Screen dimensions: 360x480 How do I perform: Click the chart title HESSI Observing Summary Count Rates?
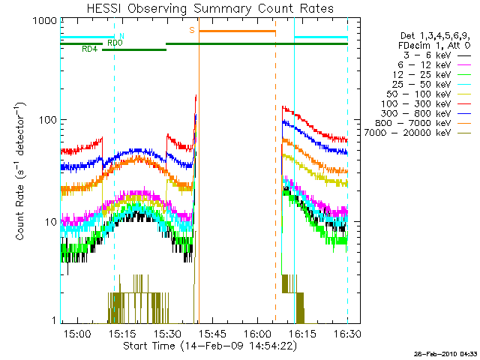point(204,9)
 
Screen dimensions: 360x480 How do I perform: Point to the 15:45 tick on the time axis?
point(211,333)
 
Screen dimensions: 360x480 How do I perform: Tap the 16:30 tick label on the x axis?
point(346,333)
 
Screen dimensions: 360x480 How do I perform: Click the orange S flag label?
point(192,30)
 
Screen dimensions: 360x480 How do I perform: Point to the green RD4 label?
point(89,49)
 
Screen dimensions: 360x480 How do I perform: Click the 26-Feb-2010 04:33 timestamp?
point(446,353)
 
